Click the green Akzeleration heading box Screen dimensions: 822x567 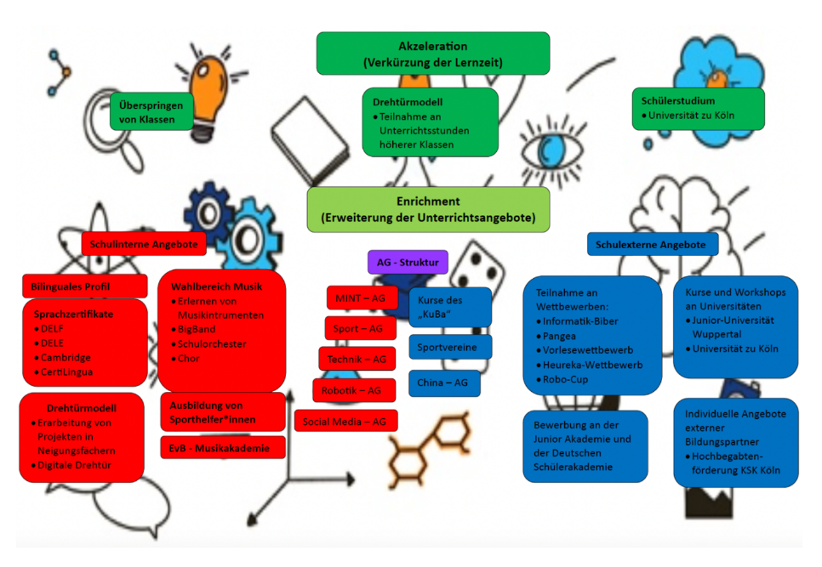tap(433, 54)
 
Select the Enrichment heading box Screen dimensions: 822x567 tap(428, 209)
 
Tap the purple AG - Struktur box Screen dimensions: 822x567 tap(408, 262)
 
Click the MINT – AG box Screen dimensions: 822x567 tap(361, 298)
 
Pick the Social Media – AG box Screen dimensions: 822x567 tap(345, 422)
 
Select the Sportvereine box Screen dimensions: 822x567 tap(450, 347)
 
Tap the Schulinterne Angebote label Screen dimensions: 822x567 tap(144, 244)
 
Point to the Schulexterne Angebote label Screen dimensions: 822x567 tap(651, 245)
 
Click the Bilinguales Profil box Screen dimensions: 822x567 tap(84, 286)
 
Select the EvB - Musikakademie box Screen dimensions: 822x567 tap(223, 448)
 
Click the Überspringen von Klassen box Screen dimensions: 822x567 tap(151, 112)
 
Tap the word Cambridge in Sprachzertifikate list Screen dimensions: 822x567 tap(66, 358)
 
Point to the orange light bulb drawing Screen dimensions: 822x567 tap(208, 94)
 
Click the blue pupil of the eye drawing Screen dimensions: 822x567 tap(551, 150)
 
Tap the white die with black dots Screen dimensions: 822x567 tap(477, 266)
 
